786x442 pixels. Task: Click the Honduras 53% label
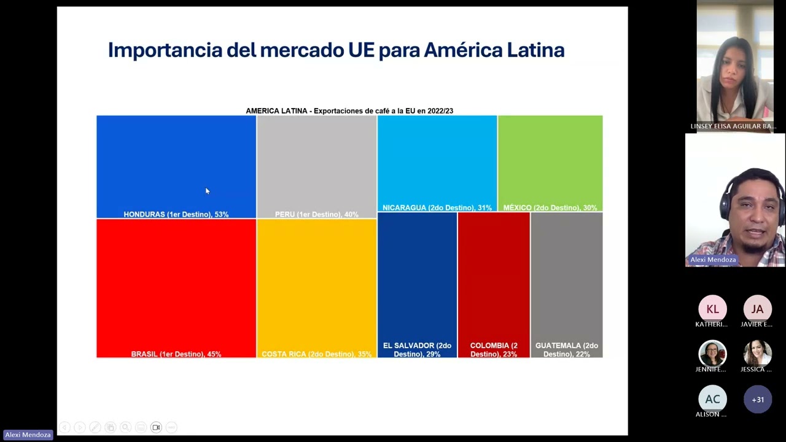pyautogui.click(x=176, y=214)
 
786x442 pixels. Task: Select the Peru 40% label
pyautogui.click(x=316, y=214)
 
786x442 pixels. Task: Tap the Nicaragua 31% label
pyautogui.click(x=437, y=207)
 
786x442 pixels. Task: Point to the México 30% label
pyautogui.click(x=550, y=207)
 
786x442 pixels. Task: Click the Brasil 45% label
pyautogui.click(x=176, y=354)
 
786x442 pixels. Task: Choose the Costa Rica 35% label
pyautogui.click(x=316, y=354)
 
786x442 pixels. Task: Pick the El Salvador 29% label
pyautogui.click(x=417, y=350)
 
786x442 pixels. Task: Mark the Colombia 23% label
pyautogui.click(x=494, y=350)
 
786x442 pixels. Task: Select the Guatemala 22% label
pyautogui.click(x=566, y=350)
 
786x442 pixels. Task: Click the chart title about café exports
pyautogui.click(x=349, y=111)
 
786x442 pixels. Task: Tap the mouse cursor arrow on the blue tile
pyautogui.click(x=207, y=192)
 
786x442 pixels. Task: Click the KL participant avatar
pyautogui.click(x=712, y=309)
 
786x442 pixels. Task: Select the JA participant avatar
pyautogui.click(x=757, y=309)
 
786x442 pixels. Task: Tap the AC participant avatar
pyautogui.click(x=712, y=399)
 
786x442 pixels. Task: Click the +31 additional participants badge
pyautogui.click(x=757, y=400)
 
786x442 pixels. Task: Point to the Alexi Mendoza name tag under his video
pyautogui.click(x=712, y=260)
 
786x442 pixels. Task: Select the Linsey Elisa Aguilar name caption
pyautogui.click(x=733, y=126)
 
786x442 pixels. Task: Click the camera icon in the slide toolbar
pyautogui.click(x=156, y=427)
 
